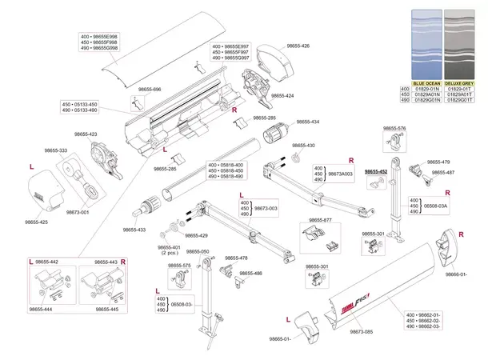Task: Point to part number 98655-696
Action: pyautogui.click(x=146, y=90)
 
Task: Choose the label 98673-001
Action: pyautogui.click(x=78, y=212)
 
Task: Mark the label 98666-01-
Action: pyautogui.click(x=457, y=274)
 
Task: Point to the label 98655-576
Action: pyautogui.click(x=394, y=128)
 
